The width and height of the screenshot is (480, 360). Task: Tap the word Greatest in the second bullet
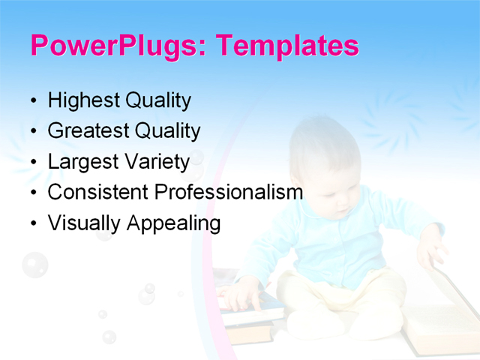[x=88, y=131]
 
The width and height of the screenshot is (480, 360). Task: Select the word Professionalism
[x=229, y=192]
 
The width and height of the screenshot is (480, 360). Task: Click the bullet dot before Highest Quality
[x=32, y=101]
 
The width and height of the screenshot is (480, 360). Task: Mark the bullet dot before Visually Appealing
[x=32, y=224]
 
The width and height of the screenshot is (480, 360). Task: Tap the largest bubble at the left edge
[x=34, y=265]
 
